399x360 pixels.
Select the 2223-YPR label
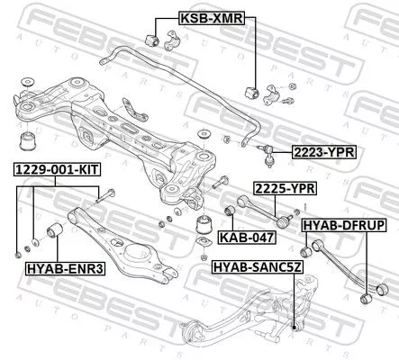(322, 152)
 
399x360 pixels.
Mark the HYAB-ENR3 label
(57, 267)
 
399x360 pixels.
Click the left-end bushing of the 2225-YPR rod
(230, 211)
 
